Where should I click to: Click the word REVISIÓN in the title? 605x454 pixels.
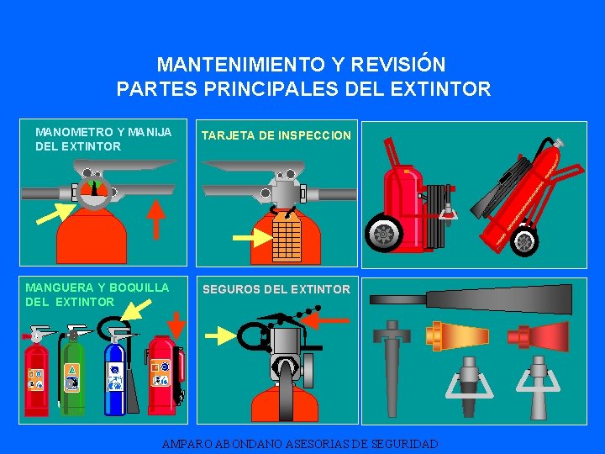pos(398,64)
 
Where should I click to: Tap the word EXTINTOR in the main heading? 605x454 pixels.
pos(440,88)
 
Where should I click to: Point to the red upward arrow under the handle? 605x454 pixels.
pos(156,219)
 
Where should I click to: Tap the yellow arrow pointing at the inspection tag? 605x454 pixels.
pos(253,237)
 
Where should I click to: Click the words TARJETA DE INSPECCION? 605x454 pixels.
pos(276,135)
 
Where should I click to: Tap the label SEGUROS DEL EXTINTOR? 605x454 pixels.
pos(276,289)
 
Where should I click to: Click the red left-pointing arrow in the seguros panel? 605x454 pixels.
pos(325,320)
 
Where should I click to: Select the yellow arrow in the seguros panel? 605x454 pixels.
pos(221,335)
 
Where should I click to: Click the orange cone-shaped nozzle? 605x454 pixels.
pos(457,335)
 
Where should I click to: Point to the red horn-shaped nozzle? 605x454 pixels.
pos(538,335)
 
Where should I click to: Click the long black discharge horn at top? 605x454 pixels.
pos(471,299)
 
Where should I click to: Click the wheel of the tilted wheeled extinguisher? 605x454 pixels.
pos(524,241)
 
